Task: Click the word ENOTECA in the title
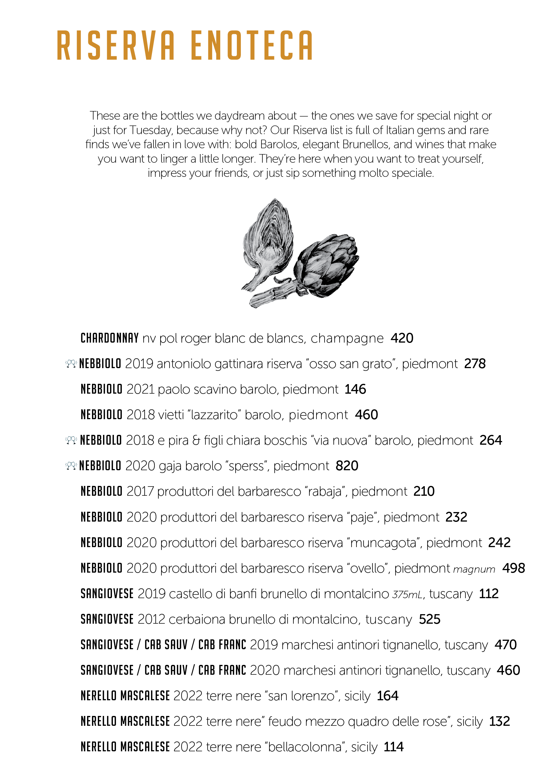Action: [x=252, y=46]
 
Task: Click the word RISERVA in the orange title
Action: [x=116, y=46]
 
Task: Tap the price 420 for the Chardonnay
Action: [x=402, y=338]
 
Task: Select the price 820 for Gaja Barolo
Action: [x=347, y=466]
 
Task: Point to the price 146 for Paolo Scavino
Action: [x=355, y=389]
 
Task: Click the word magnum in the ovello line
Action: [x=474, y=569]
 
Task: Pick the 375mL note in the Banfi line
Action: [x=407, y=594]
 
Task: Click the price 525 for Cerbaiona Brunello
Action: [x=429, y=619]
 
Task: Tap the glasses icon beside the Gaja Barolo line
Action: [x=71, y=466]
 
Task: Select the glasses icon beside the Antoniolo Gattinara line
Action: [x=71, y=364]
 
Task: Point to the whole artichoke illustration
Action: [x=324, y=266]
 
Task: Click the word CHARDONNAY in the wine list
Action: [x=109, y=338]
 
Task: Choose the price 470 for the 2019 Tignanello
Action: [x=505, y=645]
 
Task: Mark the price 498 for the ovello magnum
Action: [x=513, y=568]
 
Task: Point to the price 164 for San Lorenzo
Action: [x=388, y=696]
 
